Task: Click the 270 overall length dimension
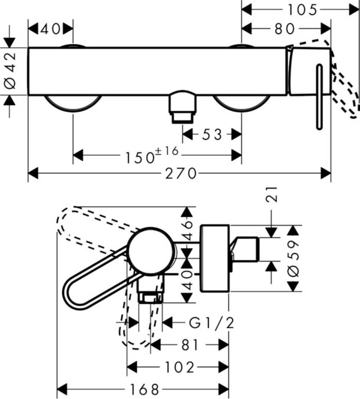click(x=181, y=173)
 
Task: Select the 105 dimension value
click(x=302, y=10)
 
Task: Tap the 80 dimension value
click(x=284, y=29)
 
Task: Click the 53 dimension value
click(x=212, y=134)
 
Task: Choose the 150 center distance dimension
click(x=140, y=158)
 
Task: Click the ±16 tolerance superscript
click(x=167, y=151)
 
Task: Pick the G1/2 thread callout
click(x=211, y=323)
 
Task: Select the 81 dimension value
click(x=190, y=345)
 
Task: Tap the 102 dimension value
click(x=180, y=367)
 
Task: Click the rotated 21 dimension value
click(x=271, y=194)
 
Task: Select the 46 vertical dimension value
click(x=187, y=231)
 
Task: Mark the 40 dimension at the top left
click(x=50, y=29)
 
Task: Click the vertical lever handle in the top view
click(x=319, y=97)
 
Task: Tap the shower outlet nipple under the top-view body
click(x=183, y=107)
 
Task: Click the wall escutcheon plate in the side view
click(x=215, y=258)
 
